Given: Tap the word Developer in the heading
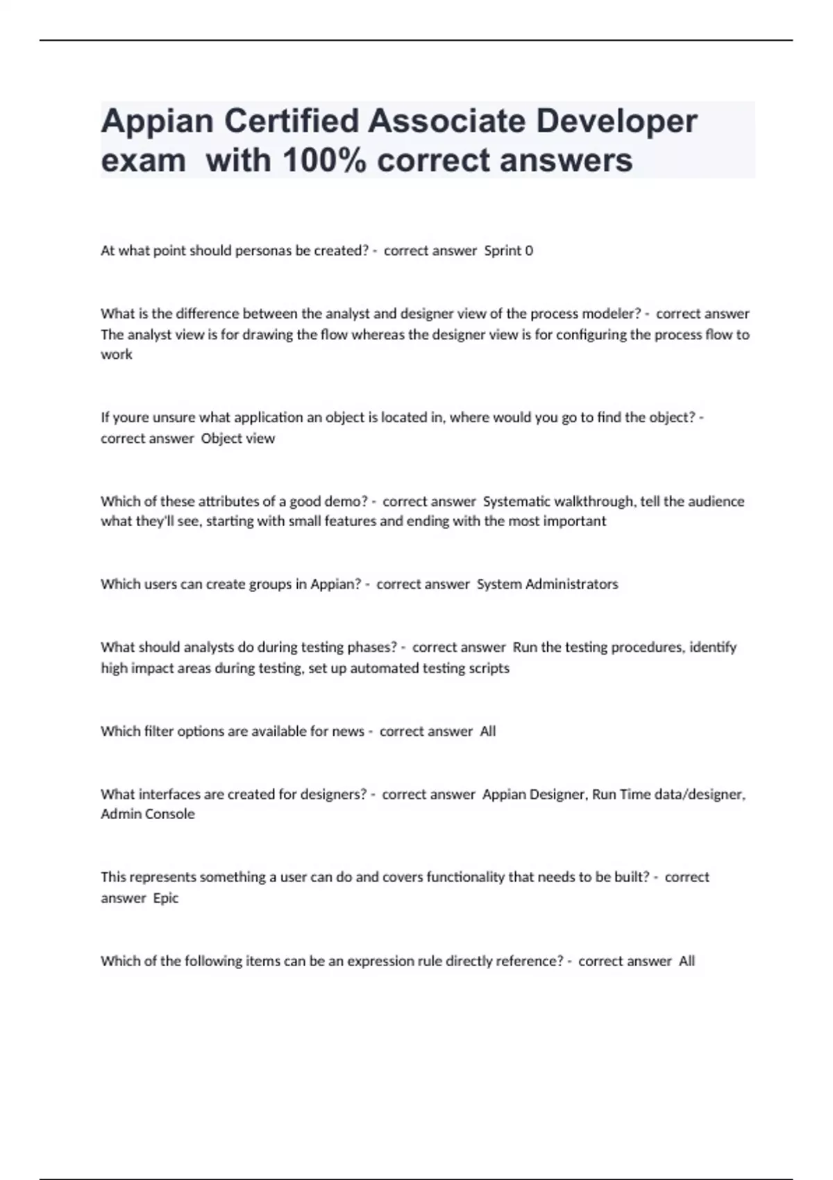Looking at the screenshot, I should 616,122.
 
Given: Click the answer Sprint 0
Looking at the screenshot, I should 508,251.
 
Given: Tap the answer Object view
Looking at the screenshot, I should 237,439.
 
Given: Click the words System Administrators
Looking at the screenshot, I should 547,584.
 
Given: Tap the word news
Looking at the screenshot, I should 348,732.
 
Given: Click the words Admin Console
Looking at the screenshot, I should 147,814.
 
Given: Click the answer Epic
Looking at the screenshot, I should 165,898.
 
